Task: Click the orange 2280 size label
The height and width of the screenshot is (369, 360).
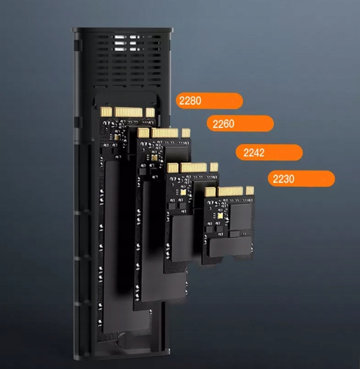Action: (x=209, y=101)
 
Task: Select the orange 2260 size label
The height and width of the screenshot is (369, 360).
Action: (x=240, y=123)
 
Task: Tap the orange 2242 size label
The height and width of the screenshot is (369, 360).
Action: (x=270, y=153)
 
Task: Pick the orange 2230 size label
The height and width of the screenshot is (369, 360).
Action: (x=301, y=179)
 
